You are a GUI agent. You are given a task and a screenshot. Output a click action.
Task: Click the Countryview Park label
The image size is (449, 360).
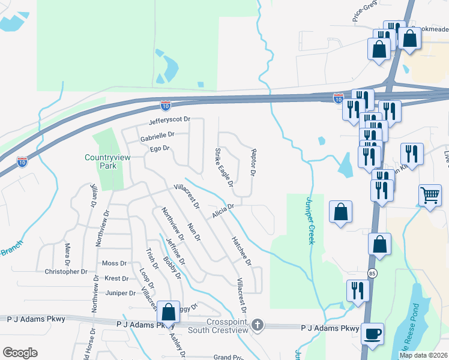[x=100, y=161]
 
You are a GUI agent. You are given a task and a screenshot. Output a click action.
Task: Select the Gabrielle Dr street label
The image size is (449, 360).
[x=157, y=136]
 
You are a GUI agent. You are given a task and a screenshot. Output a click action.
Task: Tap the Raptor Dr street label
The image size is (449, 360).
[x=253, y=163]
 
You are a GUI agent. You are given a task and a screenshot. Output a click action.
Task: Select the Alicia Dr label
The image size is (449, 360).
[x=222, y=210]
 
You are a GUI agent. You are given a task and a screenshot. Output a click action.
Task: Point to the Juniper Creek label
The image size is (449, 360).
[x=311, y=221]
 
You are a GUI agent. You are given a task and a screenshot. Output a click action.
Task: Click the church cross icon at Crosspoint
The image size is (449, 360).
[x=257, y=325]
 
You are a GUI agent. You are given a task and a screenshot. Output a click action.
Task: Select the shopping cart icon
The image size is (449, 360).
[x=430, y=194]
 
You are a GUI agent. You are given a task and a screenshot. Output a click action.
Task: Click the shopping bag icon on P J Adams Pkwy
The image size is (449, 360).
[x=168, y=311]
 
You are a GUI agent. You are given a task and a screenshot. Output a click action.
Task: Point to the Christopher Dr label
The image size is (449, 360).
[x=66, y=272]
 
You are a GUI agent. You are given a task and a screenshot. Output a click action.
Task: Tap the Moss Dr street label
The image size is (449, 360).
[x=114, y=263]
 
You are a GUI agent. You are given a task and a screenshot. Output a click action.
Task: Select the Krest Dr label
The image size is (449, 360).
[x=116, y=279]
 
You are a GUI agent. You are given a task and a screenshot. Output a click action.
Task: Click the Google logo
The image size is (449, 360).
[x=20, y=353]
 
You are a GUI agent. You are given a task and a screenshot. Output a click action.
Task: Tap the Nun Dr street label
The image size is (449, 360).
[x=194, y=231]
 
